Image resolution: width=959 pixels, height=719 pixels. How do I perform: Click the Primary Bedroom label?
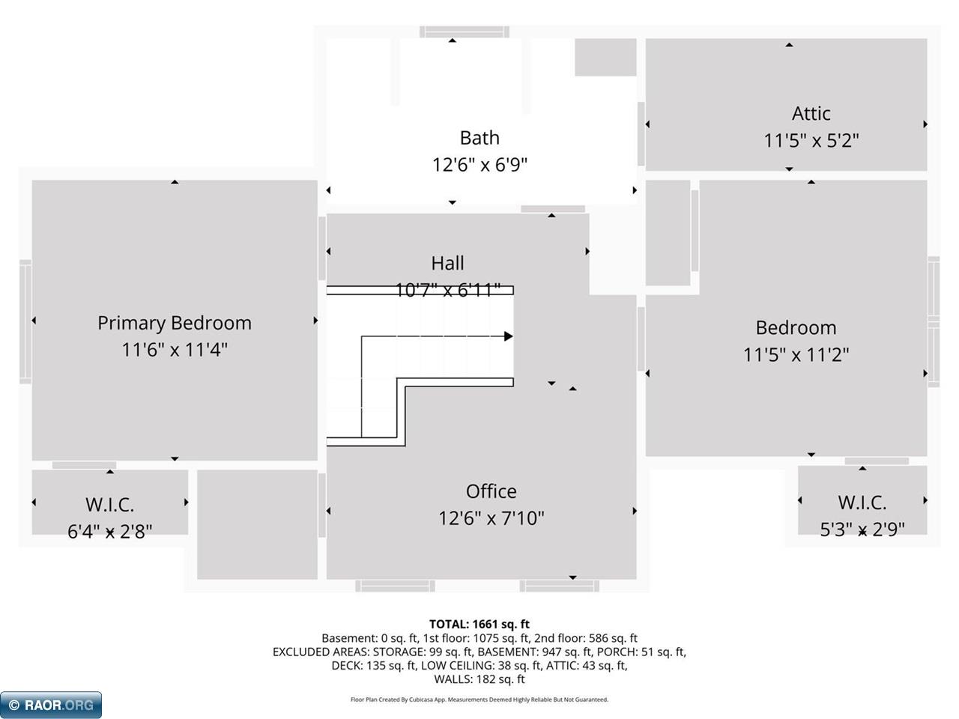click(x=174, y=323)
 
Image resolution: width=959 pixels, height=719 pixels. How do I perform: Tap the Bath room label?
click(x=479, y=138)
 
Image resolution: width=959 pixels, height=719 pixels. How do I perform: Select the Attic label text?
click(x=811, y=114)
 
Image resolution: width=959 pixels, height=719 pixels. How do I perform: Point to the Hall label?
click(x=447, y=263)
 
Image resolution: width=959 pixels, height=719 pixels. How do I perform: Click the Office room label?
click(x=491, y=491)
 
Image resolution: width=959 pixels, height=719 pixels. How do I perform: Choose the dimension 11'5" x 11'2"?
click(x=796, y=354)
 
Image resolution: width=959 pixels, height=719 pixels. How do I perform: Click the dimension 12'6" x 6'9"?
click(x=479, y=165)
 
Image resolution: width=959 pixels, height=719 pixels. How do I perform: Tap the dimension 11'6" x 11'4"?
click(x=174, y=350)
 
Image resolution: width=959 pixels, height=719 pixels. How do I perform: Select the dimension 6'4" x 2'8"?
click(x=110, y=531)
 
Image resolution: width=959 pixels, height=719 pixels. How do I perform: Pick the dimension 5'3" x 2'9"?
click(x=862, y=530)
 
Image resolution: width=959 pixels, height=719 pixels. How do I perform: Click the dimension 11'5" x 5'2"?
click(x=811, y=141)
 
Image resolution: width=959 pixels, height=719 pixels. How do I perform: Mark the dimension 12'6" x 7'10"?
click(x=491, y=518)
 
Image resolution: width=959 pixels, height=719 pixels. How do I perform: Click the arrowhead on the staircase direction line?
click(x=509, y=336)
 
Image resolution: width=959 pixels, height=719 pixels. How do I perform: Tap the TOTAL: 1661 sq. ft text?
click(x=479, y=624)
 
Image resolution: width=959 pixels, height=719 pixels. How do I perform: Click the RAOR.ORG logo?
click(x=51, y=705)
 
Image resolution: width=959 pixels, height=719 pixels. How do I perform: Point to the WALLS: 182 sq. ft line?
click(x=479, y=679)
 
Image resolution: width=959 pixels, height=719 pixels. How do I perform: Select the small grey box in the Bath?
click(x=605, y=57)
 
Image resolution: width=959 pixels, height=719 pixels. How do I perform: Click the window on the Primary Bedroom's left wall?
click(x=25, y=321)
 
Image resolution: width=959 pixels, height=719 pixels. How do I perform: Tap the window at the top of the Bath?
click(x=465, y=31)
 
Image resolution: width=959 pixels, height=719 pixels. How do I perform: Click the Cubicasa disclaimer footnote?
click(x=479, y=700)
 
